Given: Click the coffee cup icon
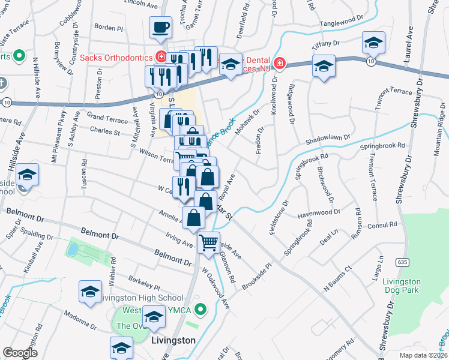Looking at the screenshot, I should (x=161, y=28).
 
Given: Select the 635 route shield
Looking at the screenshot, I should (x=402, y=262).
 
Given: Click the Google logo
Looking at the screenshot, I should (x=20, y=353).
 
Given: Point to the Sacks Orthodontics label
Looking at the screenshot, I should (x=116, y=58).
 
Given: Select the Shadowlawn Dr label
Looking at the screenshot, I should (x=328, y=137).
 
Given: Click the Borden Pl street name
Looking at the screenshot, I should (x=109, y=28).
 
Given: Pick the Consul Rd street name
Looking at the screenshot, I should (x=385, y=224).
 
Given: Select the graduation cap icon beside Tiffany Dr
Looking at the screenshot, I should (x=373, y=43).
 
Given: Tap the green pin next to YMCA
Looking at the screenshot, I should (x=203, y=310).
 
